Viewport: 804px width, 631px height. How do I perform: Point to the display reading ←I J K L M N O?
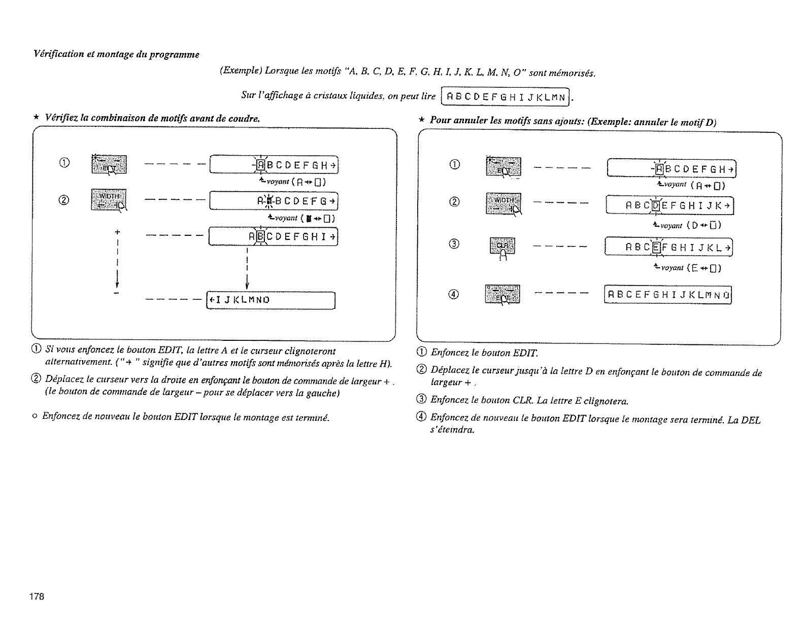(x=271, y=300)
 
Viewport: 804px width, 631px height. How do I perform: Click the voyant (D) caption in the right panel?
(x=688, y=225)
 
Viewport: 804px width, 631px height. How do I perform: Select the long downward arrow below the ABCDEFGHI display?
(x=246, y=269)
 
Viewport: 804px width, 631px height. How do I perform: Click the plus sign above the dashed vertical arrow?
(x=117, y=232)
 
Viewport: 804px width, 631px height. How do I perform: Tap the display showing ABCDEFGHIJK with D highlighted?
(x=670, y=205)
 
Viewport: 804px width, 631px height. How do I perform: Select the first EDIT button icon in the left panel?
(x=109, y=163)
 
